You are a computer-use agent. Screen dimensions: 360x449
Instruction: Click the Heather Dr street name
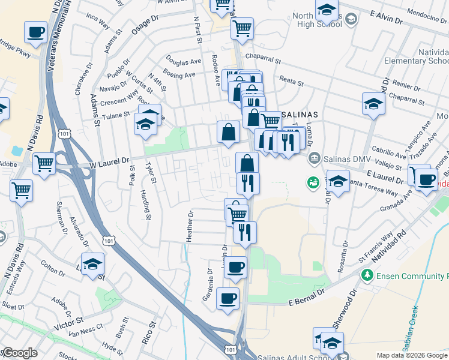click(190, 226)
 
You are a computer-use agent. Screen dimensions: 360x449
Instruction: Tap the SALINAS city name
click(298, 114)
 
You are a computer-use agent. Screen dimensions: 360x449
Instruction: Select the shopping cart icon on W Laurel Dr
click(44, 163)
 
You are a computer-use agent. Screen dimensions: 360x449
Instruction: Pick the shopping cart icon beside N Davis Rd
click(21, 190)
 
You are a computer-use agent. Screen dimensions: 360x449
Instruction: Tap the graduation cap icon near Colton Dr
click(92, 264)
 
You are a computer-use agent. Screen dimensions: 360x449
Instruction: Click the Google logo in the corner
click(19, 353)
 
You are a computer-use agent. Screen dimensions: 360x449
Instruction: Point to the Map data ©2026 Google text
click(412, 355)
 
